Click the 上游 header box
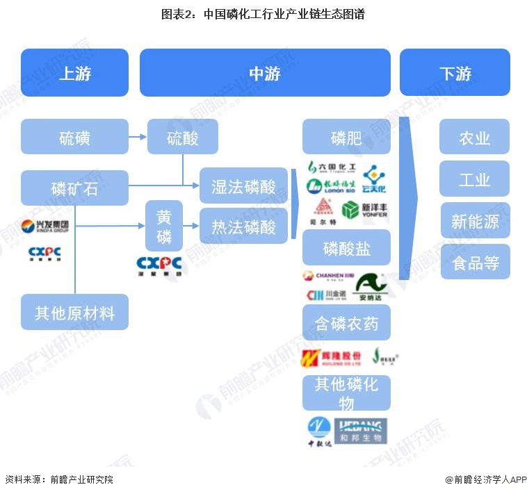click(x=74, y=72)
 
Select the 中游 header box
click(x=265, y=72)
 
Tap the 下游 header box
click(x=455, y=72)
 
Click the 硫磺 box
click(x=74, y=136)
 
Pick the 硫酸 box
click(x=182, y=136)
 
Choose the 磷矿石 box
click(x=74, y=188)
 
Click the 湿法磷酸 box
click(x=243, y=185)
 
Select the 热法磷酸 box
click(x=243, y=226)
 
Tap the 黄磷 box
click(x=164, y=226)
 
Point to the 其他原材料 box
click(x=74, y=312)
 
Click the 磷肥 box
click(x=346, y=136)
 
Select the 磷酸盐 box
click(x=346, y=247)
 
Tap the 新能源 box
click(x=475, y=220)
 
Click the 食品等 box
click(x=475, y=262)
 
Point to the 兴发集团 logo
click(x=45, y=226)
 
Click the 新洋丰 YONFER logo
click(x=365, y=209)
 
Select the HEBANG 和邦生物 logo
click(x=360, y=431)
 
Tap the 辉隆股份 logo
click(x=332, y=358)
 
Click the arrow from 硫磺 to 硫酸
click(x=138, y=136)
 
